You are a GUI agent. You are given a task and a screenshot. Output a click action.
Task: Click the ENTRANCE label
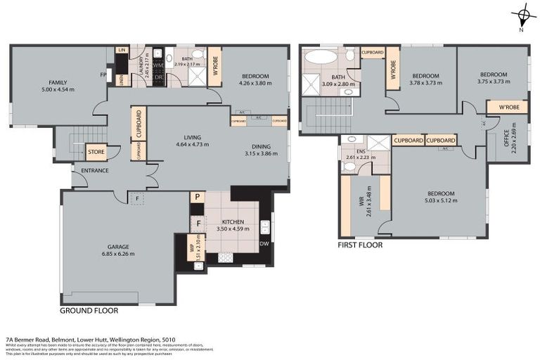tap(94, 170)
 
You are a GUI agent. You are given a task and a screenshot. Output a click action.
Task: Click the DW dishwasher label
tap(264, 243)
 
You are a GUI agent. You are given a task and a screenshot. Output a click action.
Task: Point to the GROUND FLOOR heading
tap(89, 310)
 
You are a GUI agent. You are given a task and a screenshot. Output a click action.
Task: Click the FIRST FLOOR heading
tap(359, 245)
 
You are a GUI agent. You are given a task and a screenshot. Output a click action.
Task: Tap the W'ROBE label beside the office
tap(508, 108)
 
